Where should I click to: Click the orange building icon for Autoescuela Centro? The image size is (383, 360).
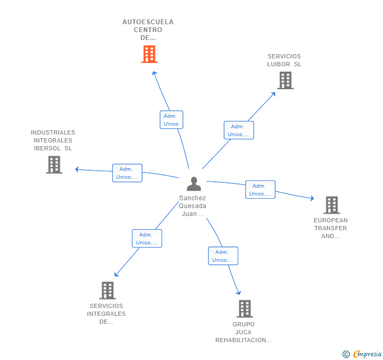[149, 54]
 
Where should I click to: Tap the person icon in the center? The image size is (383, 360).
[194, 184]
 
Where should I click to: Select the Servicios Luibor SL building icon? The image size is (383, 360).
[285, 80]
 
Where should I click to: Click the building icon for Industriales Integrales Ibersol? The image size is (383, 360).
[54, 164]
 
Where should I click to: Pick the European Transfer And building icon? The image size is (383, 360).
[331, 205]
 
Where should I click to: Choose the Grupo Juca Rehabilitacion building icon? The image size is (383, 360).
[245, 309]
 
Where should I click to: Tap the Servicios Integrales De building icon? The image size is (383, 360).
[107, 290]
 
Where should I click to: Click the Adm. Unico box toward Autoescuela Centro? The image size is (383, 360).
[171, 120]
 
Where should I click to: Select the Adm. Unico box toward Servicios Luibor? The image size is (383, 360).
[238, 130]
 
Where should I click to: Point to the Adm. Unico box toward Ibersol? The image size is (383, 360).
[127, 173]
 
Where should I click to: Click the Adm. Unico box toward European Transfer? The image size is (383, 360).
[260, 190]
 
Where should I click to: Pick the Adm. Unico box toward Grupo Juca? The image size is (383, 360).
[223, 256]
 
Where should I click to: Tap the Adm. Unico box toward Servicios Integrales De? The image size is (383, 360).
[147, 239]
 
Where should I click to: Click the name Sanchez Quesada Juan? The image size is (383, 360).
[193, 206]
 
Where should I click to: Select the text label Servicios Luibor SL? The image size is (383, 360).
[284, 60]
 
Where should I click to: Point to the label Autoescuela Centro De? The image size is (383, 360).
[148, 30]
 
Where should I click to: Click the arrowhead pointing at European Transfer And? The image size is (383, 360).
[312, 199]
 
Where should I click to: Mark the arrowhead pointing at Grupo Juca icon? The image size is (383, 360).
[239, 293]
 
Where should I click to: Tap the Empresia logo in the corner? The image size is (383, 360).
[362, 354]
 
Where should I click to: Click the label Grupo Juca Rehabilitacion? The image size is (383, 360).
[244, 332]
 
